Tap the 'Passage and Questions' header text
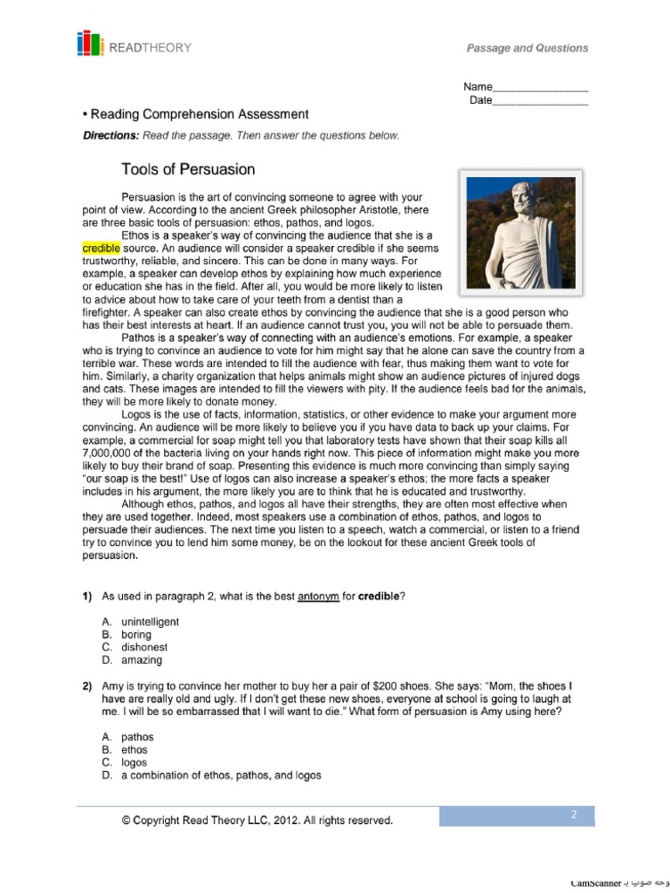tap(527, 48)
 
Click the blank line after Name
tap(540, 87)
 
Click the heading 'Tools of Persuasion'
tap(188, 168)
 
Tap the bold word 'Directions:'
tap(111, 135)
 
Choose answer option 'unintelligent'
tap(150, 622)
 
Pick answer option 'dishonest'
tap(144, 647)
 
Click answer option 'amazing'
tap(141, 660)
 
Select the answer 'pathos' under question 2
tap(137, 737)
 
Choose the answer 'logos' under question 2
tap(134, 762)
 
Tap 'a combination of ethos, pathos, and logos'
tap(221, 775)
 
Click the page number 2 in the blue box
tap(574, 815)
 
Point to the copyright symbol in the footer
tap(126, 821)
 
